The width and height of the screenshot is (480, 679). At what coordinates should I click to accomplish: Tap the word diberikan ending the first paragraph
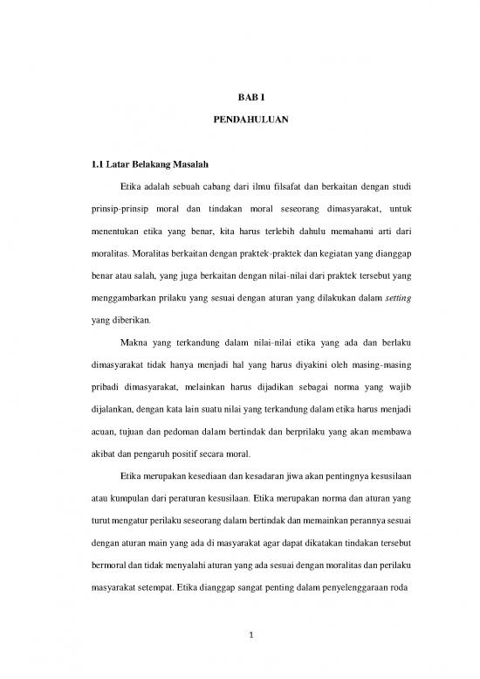pos(126,322)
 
